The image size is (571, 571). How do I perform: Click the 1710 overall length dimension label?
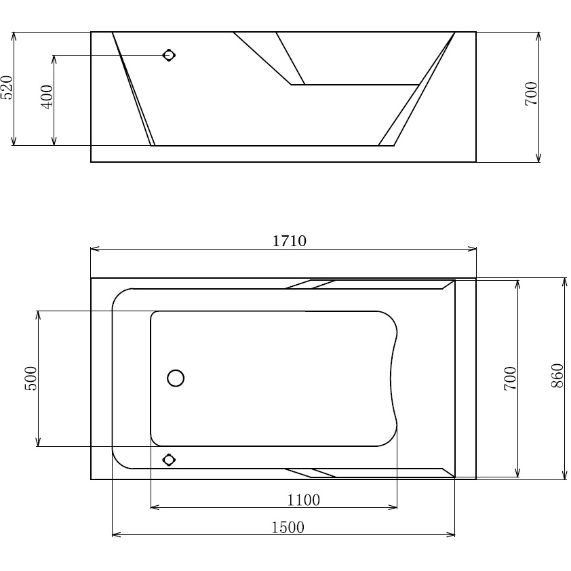click(290, 241)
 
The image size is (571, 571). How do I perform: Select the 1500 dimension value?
click(288, 527)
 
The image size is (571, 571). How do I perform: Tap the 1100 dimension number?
click(303, 500)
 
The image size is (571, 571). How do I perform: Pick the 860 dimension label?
click(557, 376)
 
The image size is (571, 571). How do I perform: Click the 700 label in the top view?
click(511, 378)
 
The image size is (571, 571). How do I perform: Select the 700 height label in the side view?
click(531, 93)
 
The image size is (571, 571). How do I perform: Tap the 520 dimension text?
click(6, 87)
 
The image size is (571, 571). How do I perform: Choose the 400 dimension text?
click(47, 98)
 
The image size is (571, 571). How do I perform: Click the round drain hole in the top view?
click(176, 378)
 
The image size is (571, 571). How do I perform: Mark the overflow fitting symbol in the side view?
click(169, 56)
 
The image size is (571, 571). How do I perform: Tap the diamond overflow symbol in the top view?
click(169, 460)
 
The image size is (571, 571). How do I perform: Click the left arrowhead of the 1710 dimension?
click(94, 249)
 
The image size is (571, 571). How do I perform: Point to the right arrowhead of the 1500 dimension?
click(452, 536)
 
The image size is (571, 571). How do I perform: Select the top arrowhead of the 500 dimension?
click(39, 314)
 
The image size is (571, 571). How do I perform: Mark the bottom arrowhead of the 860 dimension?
click(564, 476)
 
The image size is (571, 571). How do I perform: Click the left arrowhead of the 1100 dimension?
click(153, 507)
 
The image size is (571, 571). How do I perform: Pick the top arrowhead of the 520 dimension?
click(14, 35)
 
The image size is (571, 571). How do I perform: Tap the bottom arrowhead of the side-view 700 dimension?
click(538, 159)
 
